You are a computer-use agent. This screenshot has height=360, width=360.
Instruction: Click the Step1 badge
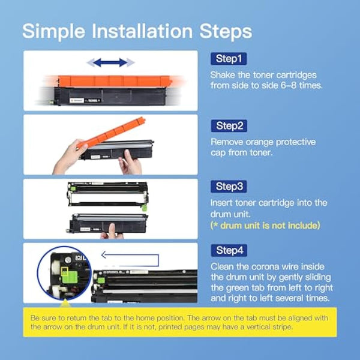228,59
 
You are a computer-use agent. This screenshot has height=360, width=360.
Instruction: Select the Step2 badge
228,125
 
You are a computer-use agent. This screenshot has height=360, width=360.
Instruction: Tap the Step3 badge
228,187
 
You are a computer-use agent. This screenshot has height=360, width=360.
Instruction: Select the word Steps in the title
226,31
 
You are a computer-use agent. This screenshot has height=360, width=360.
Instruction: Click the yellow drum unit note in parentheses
265,226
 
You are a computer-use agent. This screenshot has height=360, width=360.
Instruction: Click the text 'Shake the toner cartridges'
262,75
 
